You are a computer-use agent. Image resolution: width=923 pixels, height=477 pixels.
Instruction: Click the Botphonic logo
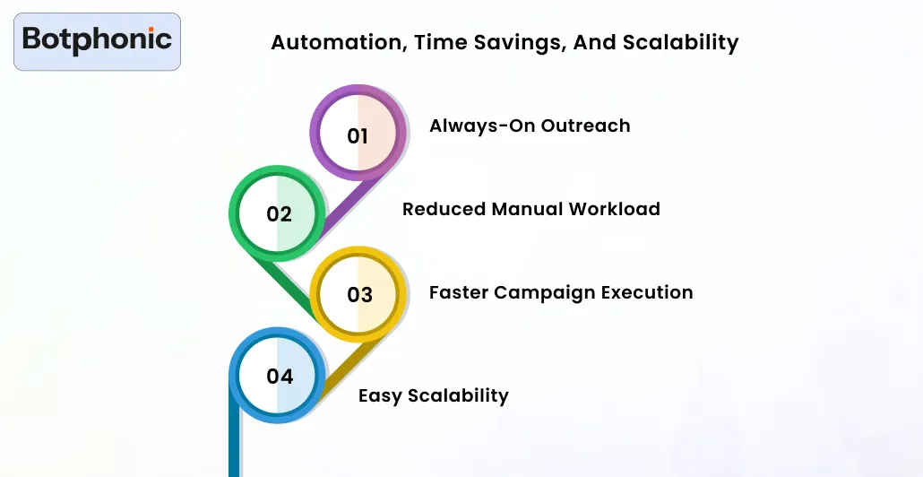coord(97,40)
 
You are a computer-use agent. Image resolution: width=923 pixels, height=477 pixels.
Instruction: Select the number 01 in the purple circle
coord(358,136)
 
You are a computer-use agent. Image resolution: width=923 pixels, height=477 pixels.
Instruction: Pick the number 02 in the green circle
coord(280,214)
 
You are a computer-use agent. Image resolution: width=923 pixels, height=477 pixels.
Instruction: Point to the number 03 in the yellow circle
coord(359,295)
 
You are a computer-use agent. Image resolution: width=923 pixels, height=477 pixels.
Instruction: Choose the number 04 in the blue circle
coord(280,377)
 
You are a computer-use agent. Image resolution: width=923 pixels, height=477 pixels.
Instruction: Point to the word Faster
coord(459,292)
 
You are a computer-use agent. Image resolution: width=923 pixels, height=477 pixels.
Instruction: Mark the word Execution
coord(648,292)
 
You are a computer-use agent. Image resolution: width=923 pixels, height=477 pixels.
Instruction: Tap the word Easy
coord(379,395)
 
